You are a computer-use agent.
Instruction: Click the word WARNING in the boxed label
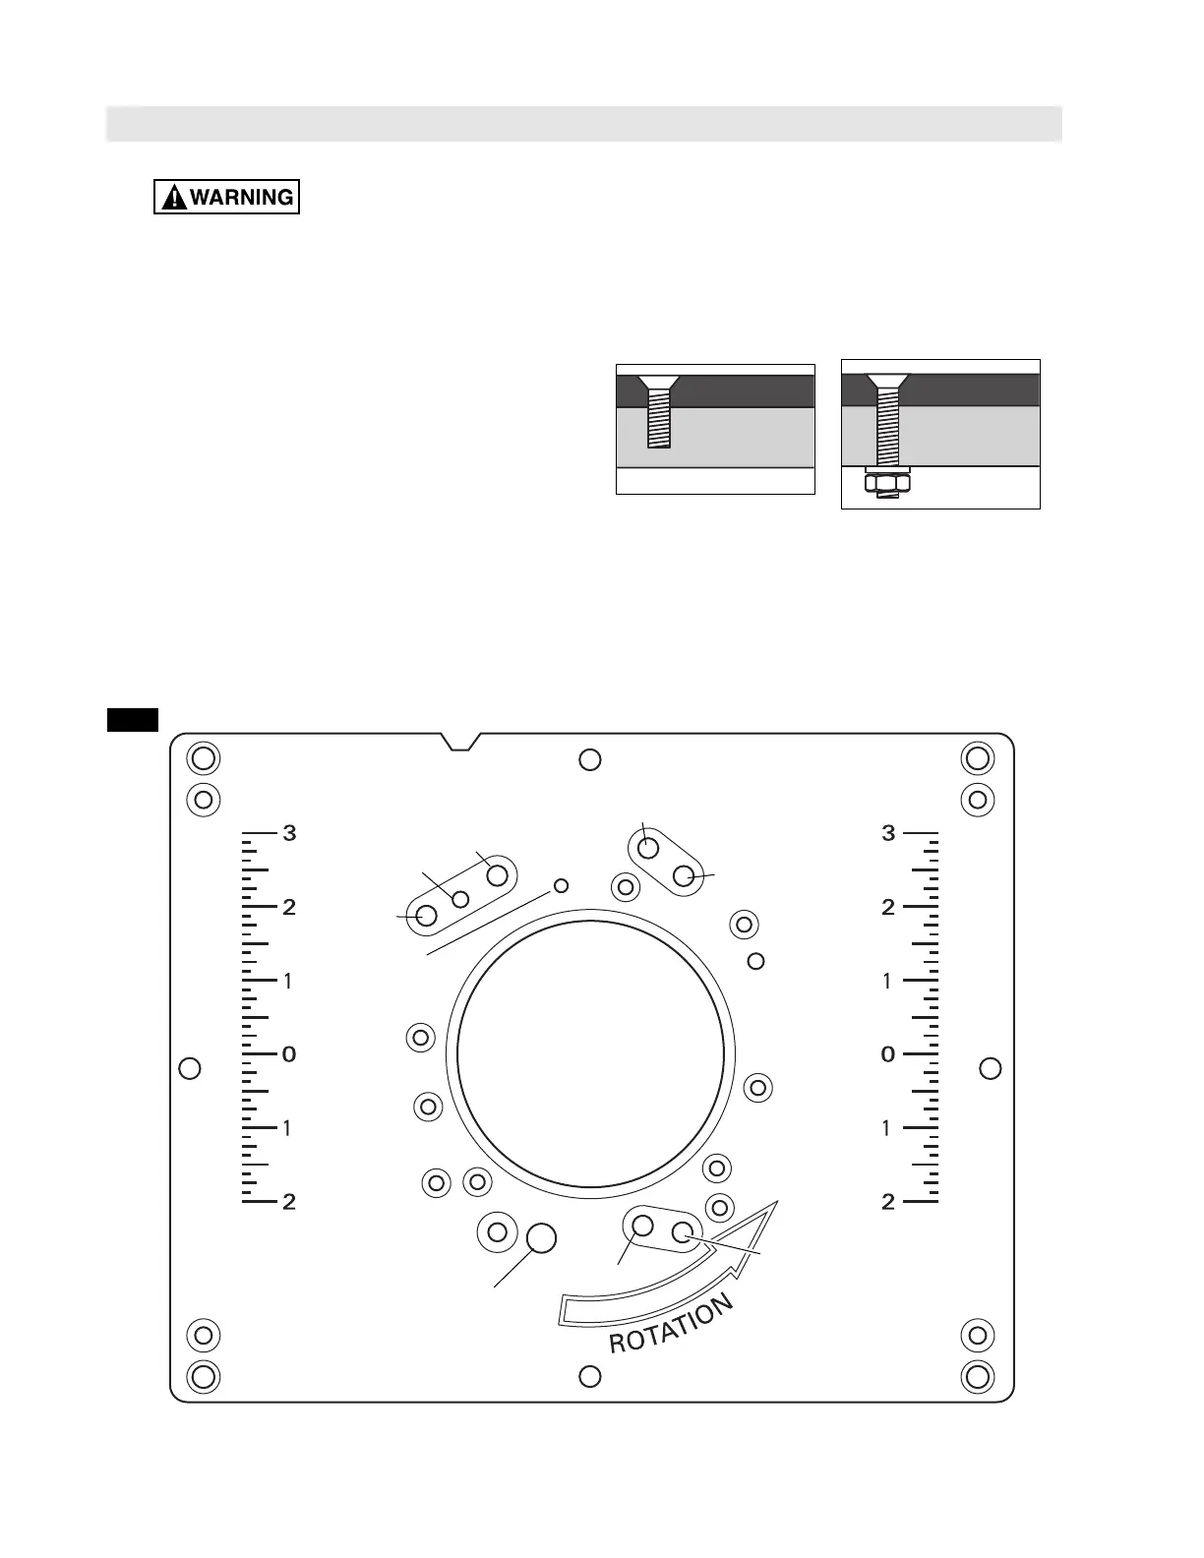(242, 197)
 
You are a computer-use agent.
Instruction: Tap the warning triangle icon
(174, 197)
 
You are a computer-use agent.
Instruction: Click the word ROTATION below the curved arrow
(671, 1324)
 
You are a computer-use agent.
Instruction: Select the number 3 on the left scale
(289, 833)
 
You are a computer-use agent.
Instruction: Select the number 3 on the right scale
(888, 833)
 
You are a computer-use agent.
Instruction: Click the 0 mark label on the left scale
(289, 1054)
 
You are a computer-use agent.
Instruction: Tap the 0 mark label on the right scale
(888, 1054)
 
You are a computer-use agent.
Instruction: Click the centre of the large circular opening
(590, 1054)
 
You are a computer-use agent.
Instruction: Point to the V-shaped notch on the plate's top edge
(460, 742)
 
